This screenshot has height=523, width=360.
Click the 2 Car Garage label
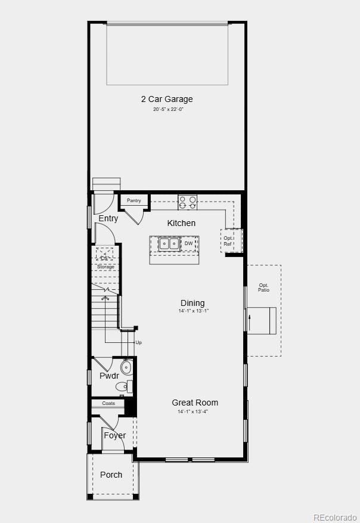167,99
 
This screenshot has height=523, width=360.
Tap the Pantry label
134,201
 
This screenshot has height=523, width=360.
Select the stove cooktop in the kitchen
188,202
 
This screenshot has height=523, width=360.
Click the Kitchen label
181,223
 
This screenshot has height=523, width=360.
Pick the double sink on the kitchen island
168,243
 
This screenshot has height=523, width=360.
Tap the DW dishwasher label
188,243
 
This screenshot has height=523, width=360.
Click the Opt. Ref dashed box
229,240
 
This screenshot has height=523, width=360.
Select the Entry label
108,219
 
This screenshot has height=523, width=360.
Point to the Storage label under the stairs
105,267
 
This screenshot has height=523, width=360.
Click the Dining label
193,303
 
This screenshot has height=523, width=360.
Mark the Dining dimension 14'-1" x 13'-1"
193,311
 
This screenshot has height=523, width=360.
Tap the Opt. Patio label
263,287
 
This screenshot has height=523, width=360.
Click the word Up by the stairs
139,342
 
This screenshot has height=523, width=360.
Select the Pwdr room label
109,376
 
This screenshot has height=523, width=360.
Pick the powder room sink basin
126,366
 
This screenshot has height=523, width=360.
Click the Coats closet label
108,404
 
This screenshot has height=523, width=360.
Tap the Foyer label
114,435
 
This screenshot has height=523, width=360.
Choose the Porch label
111,475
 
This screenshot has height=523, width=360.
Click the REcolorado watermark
335,516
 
